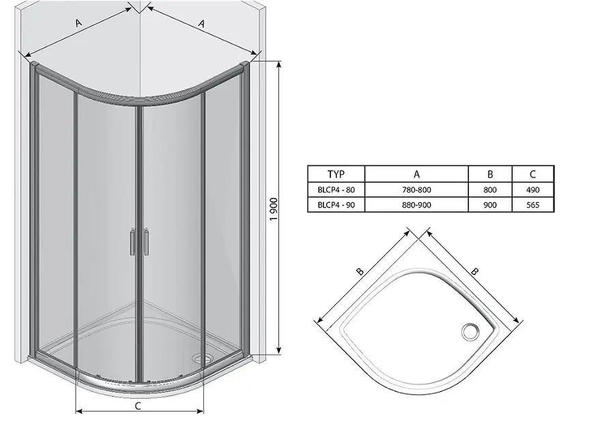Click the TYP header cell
[x=336, y=174]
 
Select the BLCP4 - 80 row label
[x=336, y=190]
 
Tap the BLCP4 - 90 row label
[x=336, y=205]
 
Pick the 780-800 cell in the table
[x=416, y=190]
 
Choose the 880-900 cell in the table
[x=416, y=205]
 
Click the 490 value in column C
[x=532, y=190]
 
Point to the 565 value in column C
[x=532, y=205]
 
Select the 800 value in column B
[x=490, y=190]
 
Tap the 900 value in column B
[x=490, y=205]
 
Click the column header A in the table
[x=416, y=174]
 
